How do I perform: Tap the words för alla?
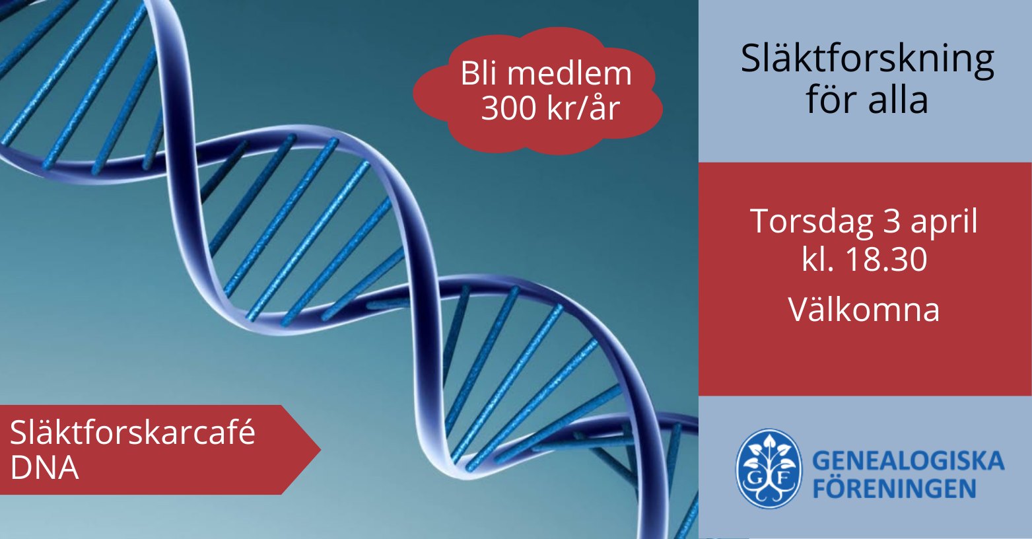(x=867, y=99)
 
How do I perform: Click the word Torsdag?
(x=812, y=223)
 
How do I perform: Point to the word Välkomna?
(x=864, y=309)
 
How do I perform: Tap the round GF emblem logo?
(x=768, y=468)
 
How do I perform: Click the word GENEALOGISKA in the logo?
(x=908, y=460)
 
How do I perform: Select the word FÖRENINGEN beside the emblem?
(x=894, y=488)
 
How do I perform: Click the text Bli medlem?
(x=546, y=73)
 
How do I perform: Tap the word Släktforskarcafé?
(x=132, y=433)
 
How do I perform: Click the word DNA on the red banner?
(x=44, y=468)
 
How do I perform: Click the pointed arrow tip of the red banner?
(x=320, y=450)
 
